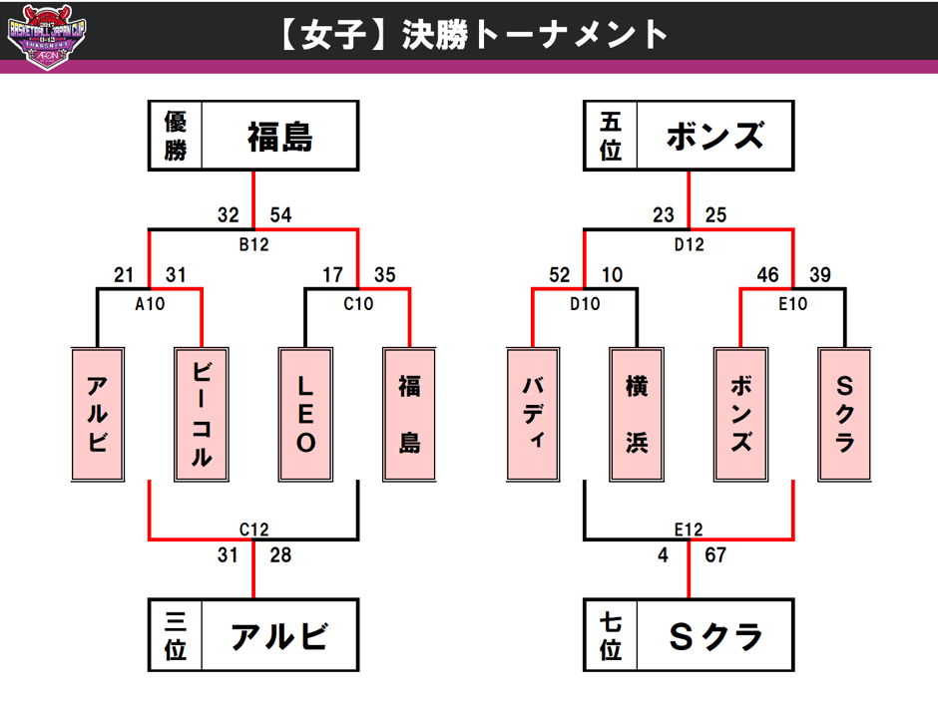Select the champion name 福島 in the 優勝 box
pyautogui.click(x=280, y=136)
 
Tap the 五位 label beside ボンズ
pyautogui.click(x=611, y=136)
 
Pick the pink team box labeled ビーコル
pyautogui.click(x=202, y=414)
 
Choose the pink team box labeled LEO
pyautogui.click(x=305, y=414)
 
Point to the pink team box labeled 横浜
pyautogui.click(x=636, y=414)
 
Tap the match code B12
pyautogui.click(x=253, y=243)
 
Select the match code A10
pyautogui.click(x=150, y=303)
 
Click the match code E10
pyautogui.click(x=792, y=303)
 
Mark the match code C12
pyautogui.click(x=253, y=529)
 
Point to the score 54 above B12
pyautogui.click(x=280, y=214)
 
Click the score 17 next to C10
pyautogui.click(x=332, y=274)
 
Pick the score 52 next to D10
pyautogui.click(x=557, y=274)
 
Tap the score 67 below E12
pyautogui.click(x=715, y=555)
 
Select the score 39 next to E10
pyautogui.click(x=819, y=274)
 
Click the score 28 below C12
pyautogui.click(x=280, y=555)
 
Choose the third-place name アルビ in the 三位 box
pyautogui.click(x=280, y=635)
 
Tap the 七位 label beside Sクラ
pyautogui.click(x=611, y=635)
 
